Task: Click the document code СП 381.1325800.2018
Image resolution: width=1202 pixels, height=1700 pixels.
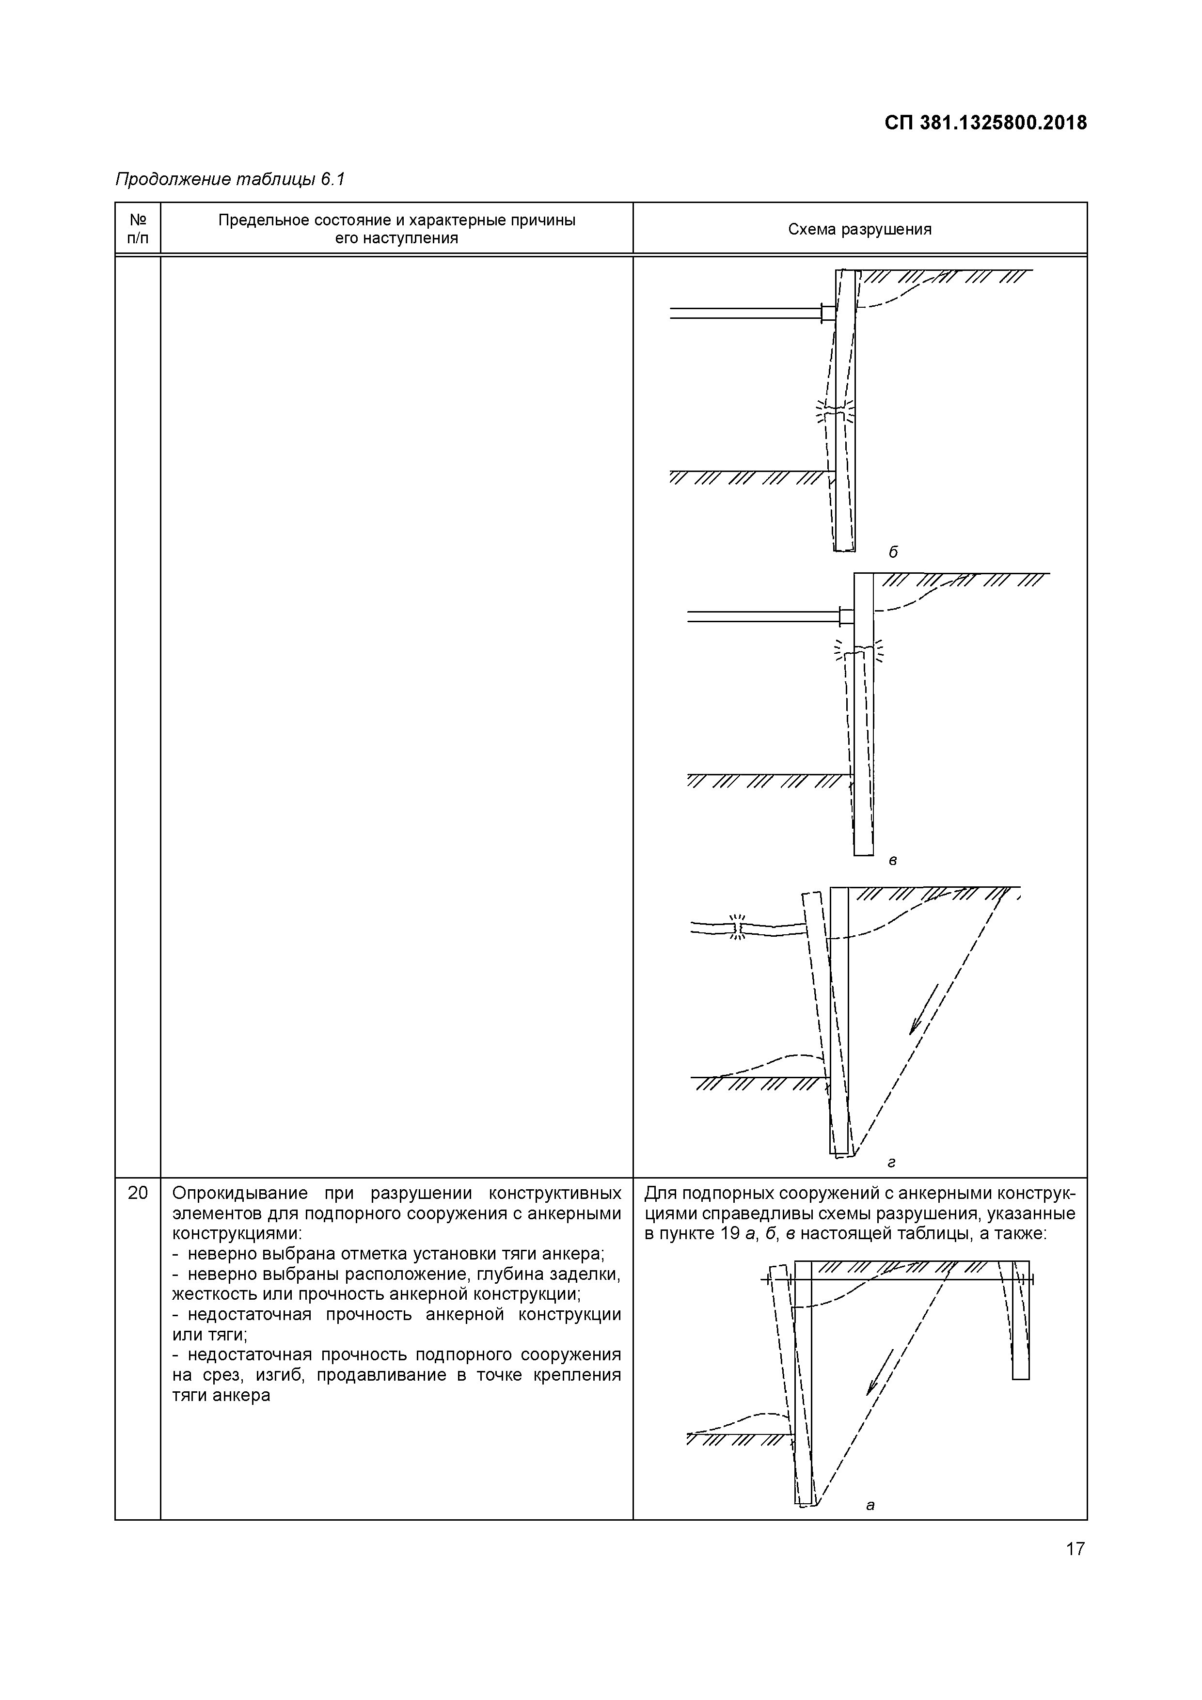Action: click(985, 123)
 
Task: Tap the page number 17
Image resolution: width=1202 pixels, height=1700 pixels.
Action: click(1075, 1570)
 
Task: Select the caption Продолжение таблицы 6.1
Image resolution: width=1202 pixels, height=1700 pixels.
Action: click(230, 179)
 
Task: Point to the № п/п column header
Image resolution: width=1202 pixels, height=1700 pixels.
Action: click(138, 229)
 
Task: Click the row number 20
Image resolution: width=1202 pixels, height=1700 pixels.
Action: click(138, 1193)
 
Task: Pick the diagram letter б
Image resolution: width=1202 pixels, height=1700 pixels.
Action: click(893, 552)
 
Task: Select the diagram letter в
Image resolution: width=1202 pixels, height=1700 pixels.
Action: click(893, 860)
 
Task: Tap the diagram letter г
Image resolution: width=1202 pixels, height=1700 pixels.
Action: click(892, 1163)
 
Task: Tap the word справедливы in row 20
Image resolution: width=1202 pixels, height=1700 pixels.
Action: click(741, 1213)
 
